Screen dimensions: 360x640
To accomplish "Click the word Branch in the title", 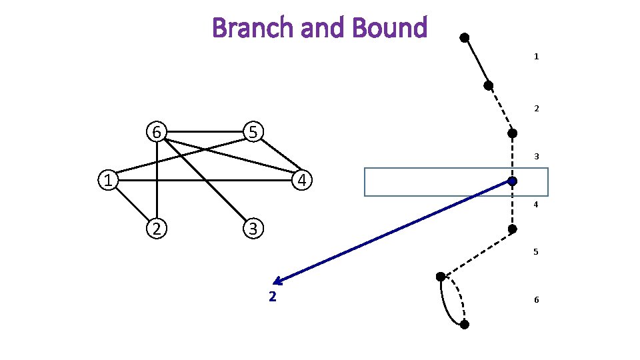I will click(251, 28).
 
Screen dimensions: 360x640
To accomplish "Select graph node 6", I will click(156, 132).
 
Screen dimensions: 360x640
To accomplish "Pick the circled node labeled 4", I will click(302, 181).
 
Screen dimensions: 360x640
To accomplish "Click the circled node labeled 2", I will click(156, 229).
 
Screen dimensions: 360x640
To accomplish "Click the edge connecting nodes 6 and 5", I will click(205, 132).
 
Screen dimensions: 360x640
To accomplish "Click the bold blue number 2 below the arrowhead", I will click(272, 297).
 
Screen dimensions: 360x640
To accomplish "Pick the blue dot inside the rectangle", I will click(512, 181).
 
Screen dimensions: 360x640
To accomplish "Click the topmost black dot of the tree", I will click(465, 37).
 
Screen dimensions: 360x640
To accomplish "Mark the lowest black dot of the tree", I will click(465, 325).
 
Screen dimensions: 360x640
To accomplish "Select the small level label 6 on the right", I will click(536, 300).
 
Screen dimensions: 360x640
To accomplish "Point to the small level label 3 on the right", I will click(536, 157).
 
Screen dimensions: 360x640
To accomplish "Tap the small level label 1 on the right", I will click(536, 57).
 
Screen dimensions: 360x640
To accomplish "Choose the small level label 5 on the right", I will click(536, 253).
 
